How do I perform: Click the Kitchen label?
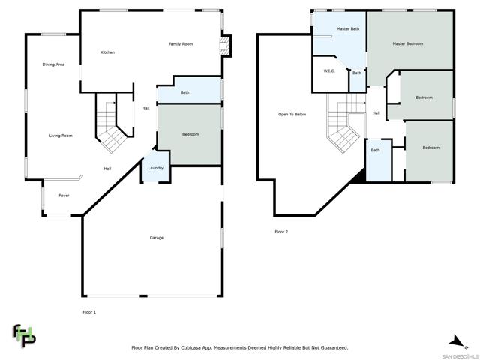click(107, 52)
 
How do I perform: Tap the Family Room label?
click(181, 44)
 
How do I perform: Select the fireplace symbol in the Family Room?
click(225, 46)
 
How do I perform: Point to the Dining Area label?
click(53, 64)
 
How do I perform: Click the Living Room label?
click(61, 136)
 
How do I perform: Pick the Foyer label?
click(64, 196)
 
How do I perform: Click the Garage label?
click(157, 238)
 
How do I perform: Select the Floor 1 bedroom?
click(190, 135)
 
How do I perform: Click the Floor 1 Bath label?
click(184, 92)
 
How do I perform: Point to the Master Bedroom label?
click(408, 43)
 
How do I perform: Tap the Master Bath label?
click(348, 28)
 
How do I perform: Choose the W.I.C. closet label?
click(329, 71)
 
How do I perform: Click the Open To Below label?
click(292, 114)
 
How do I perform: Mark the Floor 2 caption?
click(281, 232)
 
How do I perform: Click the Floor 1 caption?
click(89, 312)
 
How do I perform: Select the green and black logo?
click(24, 335)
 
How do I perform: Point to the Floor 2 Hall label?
click(376, 113)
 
